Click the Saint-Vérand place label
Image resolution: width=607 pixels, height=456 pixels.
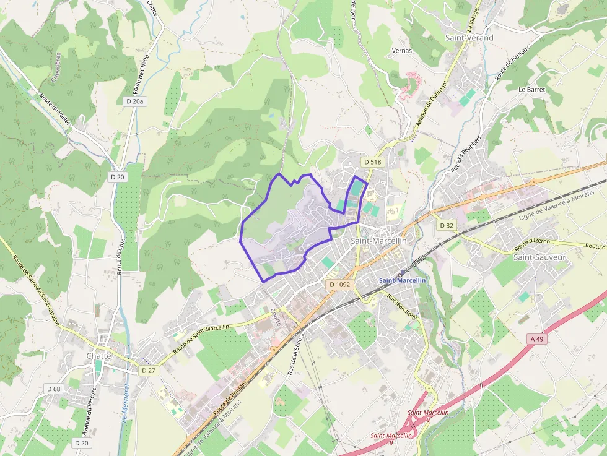click(x=469, y=38)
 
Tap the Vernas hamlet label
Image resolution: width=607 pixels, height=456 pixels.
click(x=402, y=51)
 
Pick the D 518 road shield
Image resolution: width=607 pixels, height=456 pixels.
click(x=373, y=162)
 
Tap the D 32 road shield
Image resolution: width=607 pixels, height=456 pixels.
click(x=446, y=226)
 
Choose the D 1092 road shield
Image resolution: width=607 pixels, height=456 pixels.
click(x=340, y=285)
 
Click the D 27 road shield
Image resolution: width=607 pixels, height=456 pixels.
click(x=148, y=370)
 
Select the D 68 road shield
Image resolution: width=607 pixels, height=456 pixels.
click(x=54, y=389)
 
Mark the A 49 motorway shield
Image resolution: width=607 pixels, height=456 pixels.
click(x=536, y=338)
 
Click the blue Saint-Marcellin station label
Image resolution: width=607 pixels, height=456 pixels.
click(x=403, y=280)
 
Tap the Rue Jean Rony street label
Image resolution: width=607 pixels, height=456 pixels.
click(x=402, y=306)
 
